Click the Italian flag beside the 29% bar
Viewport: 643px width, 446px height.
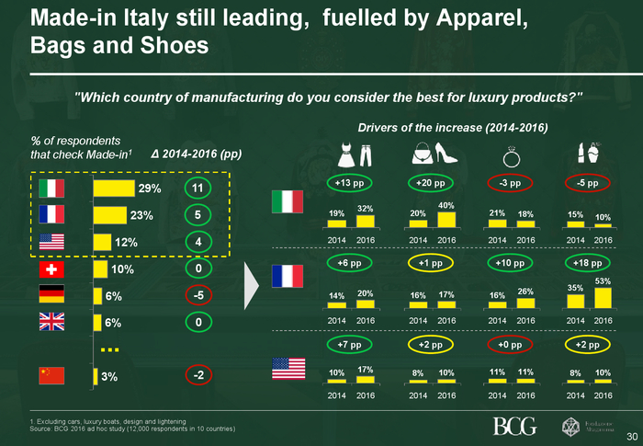[x=51, y=189]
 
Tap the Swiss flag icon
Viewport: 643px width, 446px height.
[x=51, y=269]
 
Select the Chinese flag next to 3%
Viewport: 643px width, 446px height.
[x=51, y=375]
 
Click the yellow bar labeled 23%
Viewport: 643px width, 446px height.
[x=110, y=215]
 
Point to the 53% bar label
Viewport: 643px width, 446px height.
[x=603, y=280]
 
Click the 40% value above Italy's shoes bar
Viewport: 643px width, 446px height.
[x=446, y=205]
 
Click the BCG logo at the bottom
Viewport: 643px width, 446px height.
[x=514, y=426]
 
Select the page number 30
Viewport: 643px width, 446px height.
[x=631, y=436]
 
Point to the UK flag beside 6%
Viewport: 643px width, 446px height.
[x=51, y=323]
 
